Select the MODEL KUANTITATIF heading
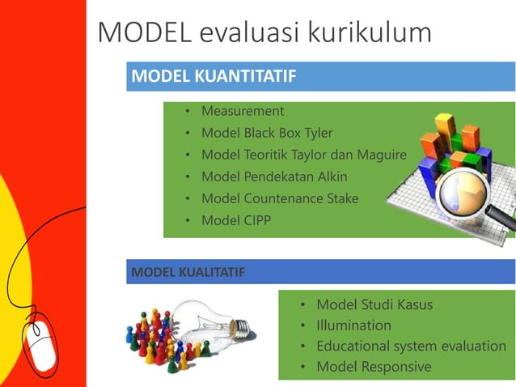(213, 77)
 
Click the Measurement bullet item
(243, 111)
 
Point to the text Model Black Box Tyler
(267, 133)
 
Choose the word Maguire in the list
(378, 155)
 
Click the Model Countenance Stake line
(280, 198)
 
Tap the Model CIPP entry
(236, 220)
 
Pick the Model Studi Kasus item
(374, 304)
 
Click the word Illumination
(353, 325)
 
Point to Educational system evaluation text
(411, 347)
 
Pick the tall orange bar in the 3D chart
(444, 130)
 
